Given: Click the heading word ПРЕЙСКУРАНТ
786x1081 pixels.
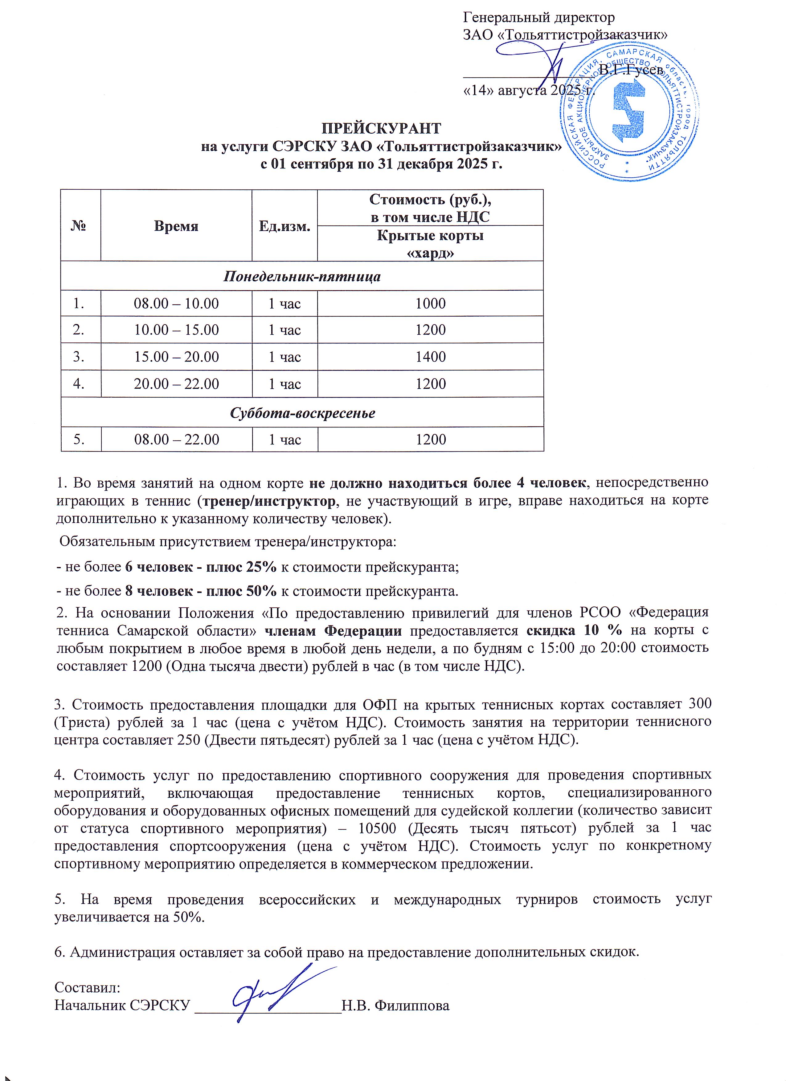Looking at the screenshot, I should coord(382,129).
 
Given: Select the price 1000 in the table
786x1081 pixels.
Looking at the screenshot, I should coord(430,304).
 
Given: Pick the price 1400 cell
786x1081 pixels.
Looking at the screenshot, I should coord(430,357).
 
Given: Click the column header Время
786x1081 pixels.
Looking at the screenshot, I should coord(176,226).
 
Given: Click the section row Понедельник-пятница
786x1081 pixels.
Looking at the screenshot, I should coord(302,277).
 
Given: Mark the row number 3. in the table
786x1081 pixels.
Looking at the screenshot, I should coord(79,357).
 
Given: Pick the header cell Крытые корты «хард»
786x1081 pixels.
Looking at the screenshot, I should coord(430,244).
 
